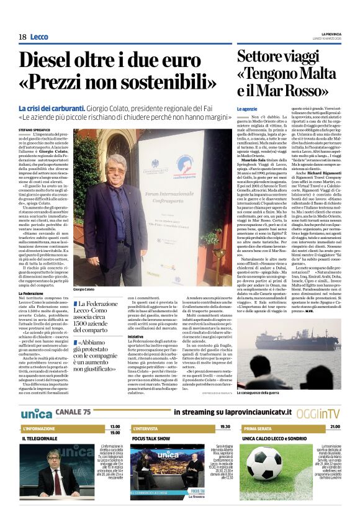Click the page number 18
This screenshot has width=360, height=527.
(x=22, y=37)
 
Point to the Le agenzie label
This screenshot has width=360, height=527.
(x=246, y=109)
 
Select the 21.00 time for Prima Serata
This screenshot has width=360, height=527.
(x=335, y=427)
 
